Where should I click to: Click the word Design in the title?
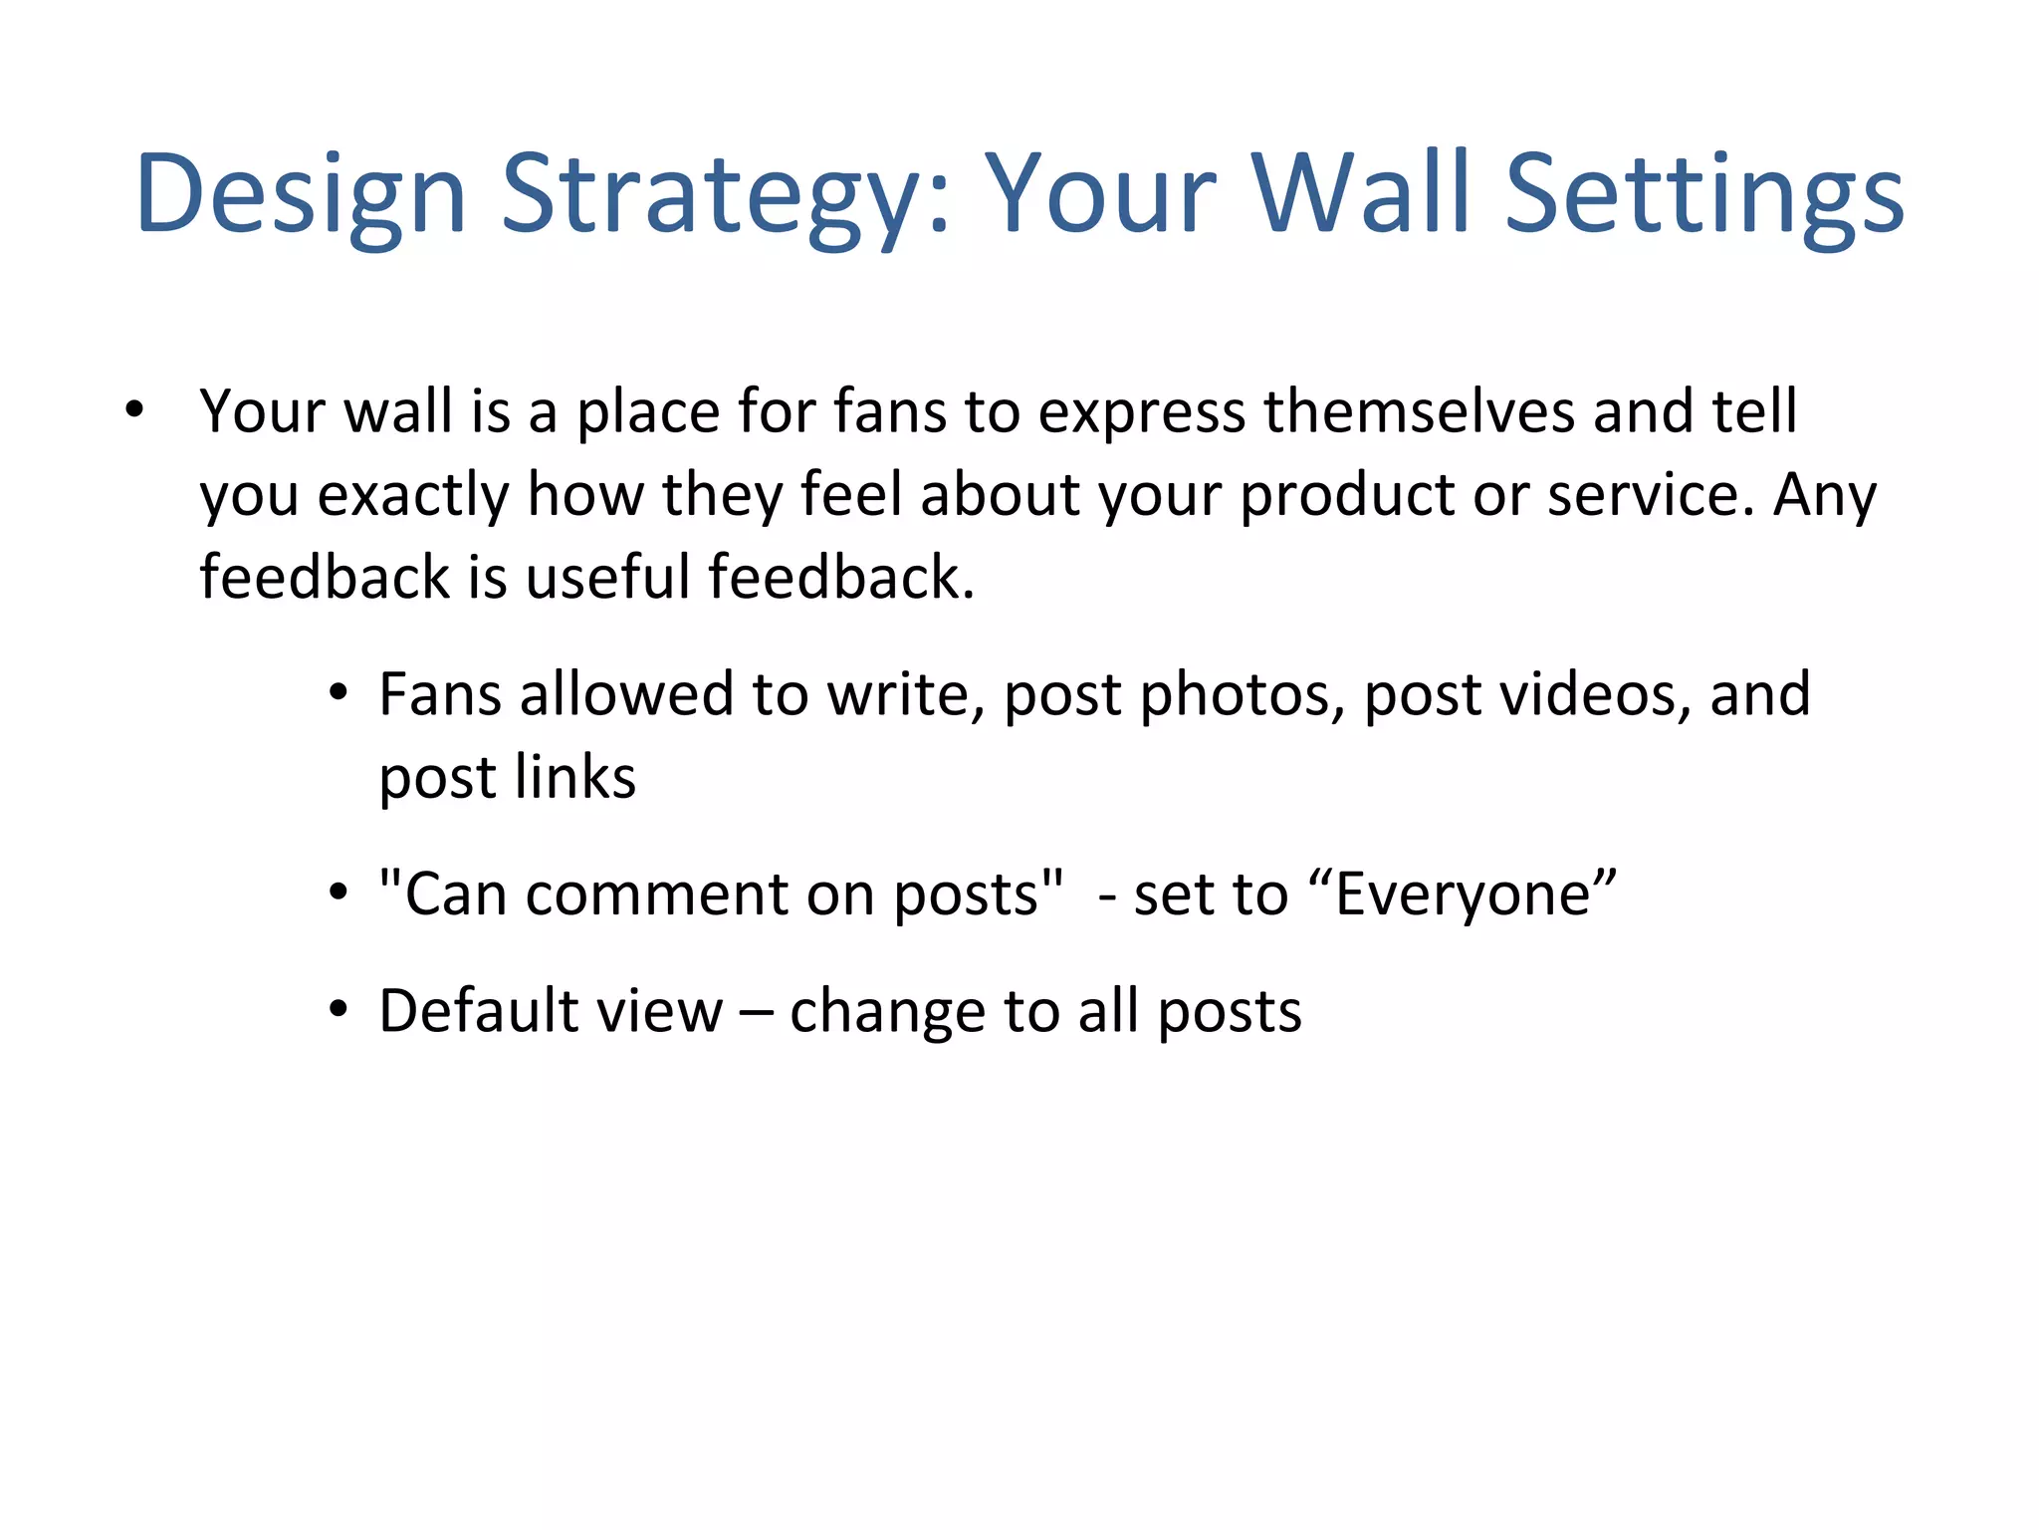pyautogui.click(x=301, y=194)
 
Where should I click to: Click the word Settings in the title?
pyautogui.click(x=1703, y=194)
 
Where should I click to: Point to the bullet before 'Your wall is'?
pyautogui.click(x=135, y=409)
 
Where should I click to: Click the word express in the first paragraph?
pyautogui.click(x=1141, y=411)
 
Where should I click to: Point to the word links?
pyautogui.click(x=575, y=777)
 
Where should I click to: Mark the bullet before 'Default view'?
pyautogui.click(x=339, y=1009)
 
